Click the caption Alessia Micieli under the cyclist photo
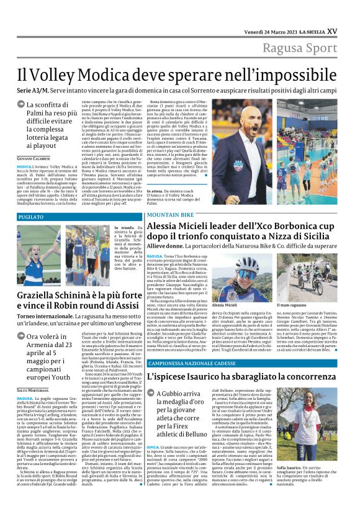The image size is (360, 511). coord(225,305)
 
